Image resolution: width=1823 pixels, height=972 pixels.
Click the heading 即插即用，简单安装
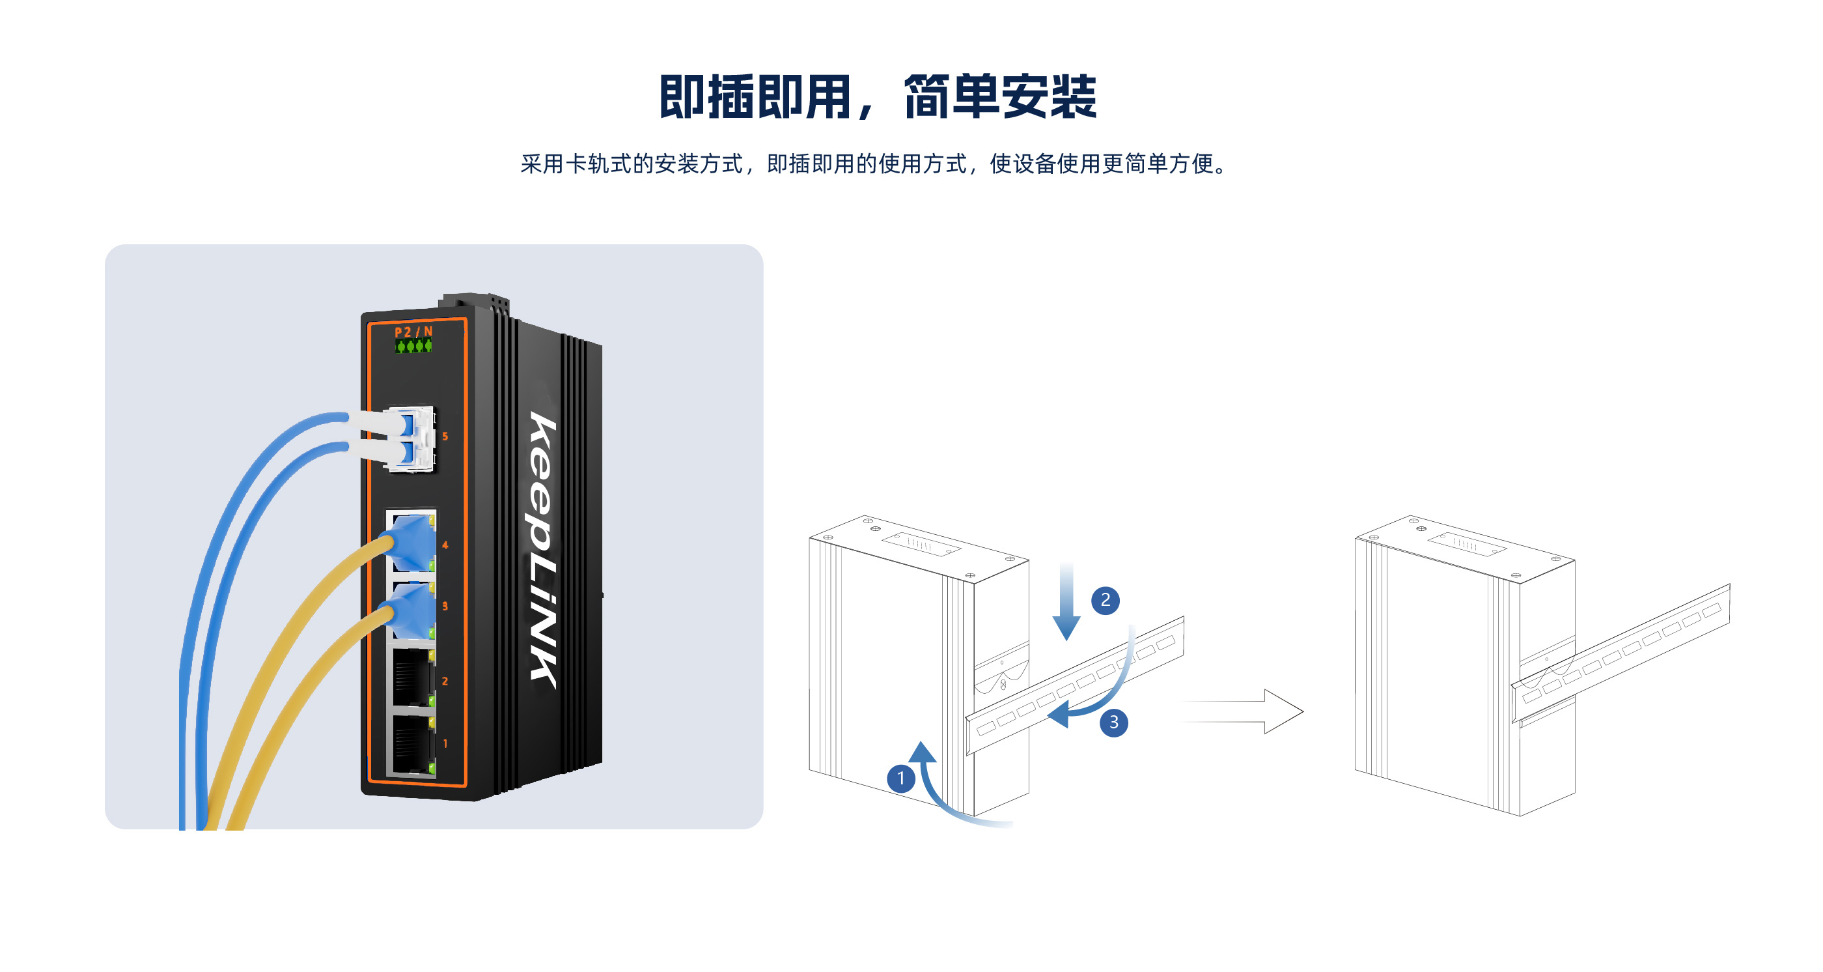pos(878,96)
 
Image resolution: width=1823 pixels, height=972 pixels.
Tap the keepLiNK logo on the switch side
pos(543,550)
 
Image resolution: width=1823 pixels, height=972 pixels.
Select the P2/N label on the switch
pos(413,332)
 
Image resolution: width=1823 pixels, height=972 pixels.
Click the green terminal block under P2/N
pos(413,345)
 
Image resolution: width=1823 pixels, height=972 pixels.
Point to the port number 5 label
pos(445,436)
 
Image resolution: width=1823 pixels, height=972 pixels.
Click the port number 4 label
pos(445,545)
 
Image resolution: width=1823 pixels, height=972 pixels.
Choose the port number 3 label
pos(445,606)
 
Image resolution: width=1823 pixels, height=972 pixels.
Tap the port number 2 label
pos(445,681)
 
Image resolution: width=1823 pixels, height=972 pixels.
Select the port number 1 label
pos(445,743)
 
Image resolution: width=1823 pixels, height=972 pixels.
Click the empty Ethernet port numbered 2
pos(413,677)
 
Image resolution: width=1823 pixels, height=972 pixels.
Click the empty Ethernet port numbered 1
pos(413,744)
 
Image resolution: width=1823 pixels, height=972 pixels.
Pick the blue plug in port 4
pos(410,542)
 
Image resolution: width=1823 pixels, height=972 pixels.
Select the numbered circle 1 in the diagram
pos(901,779)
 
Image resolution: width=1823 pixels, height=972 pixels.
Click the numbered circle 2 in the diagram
pos(1106,600)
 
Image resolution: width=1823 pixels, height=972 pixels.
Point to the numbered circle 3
pos(1114,722)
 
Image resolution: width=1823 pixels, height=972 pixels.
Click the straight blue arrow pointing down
pos(1066,602)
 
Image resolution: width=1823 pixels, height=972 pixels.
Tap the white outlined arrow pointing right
pos(1244,711)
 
